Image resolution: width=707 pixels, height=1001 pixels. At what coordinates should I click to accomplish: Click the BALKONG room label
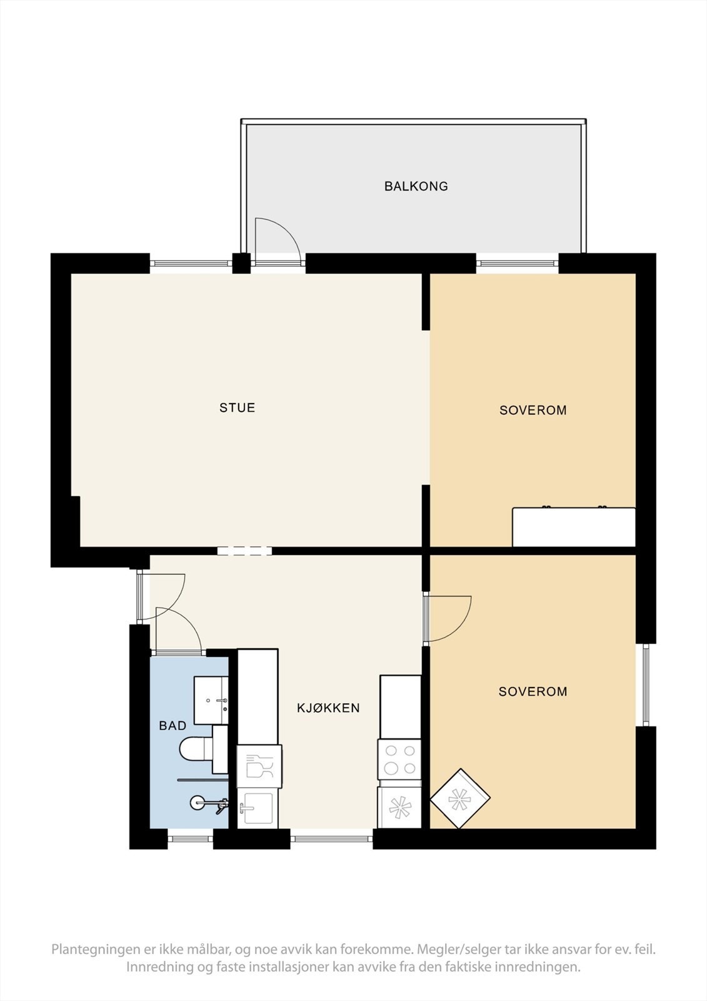tap(416, 186)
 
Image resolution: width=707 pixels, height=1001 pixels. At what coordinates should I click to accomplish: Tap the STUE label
tap(237, 407)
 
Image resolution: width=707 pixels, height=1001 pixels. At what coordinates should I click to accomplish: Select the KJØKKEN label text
tap(328, 708)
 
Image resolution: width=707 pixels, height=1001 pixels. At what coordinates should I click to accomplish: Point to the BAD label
tap(173, 726)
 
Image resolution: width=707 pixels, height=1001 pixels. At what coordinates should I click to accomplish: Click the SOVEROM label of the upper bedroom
tap(533, 410)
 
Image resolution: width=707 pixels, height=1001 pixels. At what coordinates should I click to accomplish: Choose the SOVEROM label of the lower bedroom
tap(533, 692)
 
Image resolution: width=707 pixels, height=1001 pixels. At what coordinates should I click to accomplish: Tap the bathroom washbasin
tap(211, 700)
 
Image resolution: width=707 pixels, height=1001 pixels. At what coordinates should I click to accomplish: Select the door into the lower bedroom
tap(448, 617)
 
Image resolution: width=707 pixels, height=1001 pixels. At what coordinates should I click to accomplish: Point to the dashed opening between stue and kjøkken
tap(244, 551)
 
